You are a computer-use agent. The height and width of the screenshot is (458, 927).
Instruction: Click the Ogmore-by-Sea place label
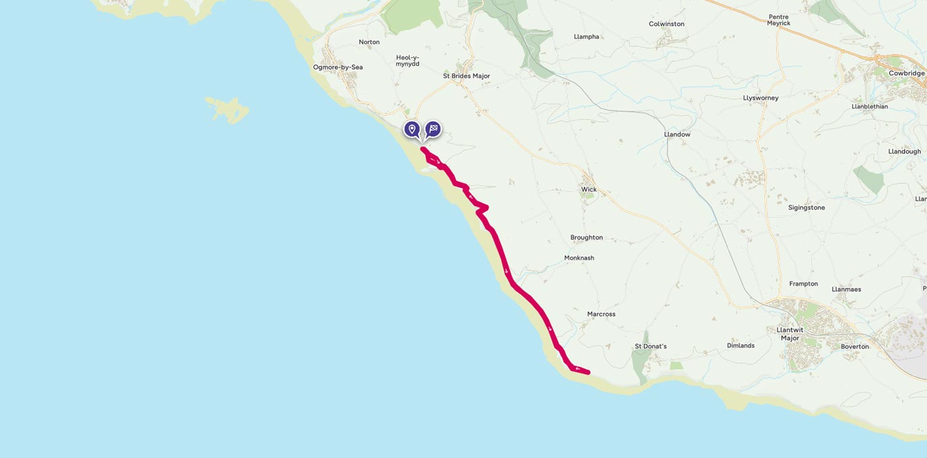338,67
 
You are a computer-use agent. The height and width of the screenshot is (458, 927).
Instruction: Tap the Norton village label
369,42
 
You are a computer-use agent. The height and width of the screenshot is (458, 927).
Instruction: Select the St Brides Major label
466,76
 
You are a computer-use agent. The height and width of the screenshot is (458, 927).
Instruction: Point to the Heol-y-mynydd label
408,61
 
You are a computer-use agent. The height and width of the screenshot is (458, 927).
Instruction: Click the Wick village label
589,189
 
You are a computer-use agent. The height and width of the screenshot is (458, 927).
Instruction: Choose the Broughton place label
586,238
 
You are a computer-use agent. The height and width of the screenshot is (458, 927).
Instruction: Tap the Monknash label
579,258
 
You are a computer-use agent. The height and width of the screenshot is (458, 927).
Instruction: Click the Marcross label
601,314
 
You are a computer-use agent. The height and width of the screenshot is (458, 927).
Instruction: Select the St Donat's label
650,346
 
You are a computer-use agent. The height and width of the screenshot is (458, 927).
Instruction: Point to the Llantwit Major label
790,334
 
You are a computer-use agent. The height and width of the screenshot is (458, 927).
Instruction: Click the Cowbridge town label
906,73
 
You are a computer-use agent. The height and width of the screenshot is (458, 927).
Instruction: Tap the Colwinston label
666,24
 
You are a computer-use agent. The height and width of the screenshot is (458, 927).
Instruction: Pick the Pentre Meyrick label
778,20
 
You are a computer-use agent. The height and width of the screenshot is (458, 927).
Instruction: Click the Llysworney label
761,98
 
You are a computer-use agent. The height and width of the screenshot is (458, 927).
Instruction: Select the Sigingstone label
806,207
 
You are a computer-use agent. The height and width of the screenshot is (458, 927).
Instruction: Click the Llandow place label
677,135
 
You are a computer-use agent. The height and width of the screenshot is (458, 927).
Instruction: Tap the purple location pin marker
412,129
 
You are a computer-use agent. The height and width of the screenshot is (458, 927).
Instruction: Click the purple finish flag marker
433,129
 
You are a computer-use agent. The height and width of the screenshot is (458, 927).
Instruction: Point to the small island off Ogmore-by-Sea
228,108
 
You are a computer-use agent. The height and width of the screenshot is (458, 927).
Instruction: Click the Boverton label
854,347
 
